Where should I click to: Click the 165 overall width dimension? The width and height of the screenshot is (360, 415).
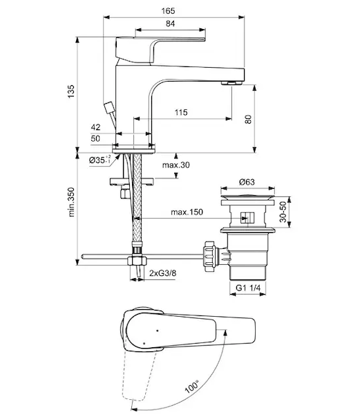[168, 11]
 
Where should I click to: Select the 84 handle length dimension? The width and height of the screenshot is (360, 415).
[170, 24]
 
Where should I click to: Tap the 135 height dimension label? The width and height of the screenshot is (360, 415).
[71, 91]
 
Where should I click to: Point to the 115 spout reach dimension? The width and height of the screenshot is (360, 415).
[181, 112]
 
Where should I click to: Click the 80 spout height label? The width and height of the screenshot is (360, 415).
[248, 119]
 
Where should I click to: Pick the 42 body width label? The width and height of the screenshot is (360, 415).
[95, 127]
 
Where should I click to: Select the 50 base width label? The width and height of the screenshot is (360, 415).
[95, 138]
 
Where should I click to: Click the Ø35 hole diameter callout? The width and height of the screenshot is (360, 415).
[100, 160]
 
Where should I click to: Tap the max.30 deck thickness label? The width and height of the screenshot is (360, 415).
[176, 165]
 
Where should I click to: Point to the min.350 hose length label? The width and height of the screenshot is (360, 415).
[71, 202]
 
